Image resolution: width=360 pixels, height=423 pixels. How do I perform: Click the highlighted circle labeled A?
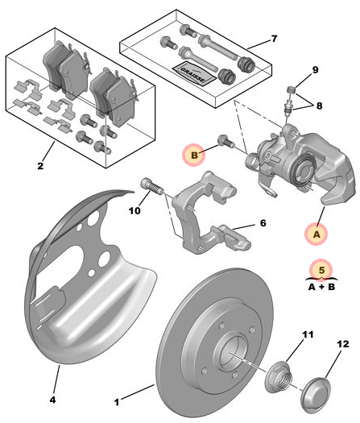click(x=316, y=234)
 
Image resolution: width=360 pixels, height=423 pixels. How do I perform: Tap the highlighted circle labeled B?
click(x=193, y=156)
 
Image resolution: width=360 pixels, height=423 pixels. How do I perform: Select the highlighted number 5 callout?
click(x=321, y=270)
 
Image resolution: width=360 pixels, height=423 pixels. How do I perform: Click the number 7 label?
click(x=274, y=39)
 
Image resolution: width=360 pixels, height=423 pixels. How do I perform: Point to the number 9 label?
click(x=315, y=70)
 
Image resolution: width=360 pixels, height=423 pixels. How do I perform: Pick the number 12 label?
click(x=343, y=344)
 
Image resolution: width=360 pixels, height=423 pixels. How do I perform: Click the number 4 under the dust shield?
click(x=52, y=400)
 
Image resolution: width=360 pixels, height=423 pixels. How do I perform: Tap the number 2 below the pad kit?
click(x=40, y=166)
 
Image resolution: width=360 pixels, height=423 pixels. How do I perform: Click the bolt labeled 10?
click(x=151, y=186)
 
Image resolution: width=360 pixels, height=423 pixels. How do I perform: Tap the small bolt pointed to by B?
click(x=226, y=141)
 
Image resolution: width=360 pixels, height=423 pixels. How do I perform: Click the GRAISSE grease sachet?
click(x=194, y=73)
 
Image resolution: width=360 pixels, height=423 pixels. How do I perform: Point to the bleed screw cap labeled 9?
click(x=291, y=89)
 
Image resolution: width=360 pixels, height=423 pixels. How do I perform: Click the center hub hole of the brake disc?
click(x=230, y=354)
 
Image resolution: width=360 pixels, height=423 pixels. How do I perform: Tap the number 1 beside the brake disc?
click(x=117, y=402)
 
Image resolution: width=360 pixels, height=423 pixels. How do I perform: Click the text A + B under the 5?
click(x=321, y=286)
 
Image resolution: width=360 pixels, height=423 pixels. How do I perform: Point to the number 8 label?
click(x=319, y=106)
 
